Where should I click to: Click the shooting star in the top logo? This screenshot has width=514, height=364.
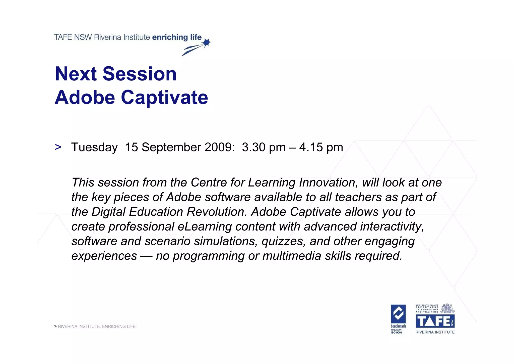point(207,43)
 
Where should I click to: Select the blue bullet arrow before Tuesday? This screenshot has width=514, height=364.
point(58,147)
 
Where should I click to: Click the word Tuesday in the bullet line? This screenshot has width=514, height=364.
point(94,147)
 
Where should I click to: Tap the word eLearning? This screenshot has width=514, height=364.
point(205,226)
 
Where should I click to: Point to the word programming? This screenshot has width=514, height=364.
point(208,256)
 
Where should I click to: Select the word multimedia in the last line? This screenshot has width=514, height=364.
point(292,256)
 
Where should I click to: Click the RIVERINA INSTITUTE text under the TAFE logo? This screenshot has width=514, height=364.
point(435,332)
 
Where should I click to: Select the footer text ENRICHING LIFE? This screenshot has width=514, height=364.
point(119,327)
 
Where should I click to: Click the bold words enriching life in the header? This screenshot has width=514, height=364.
point(177,37)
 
